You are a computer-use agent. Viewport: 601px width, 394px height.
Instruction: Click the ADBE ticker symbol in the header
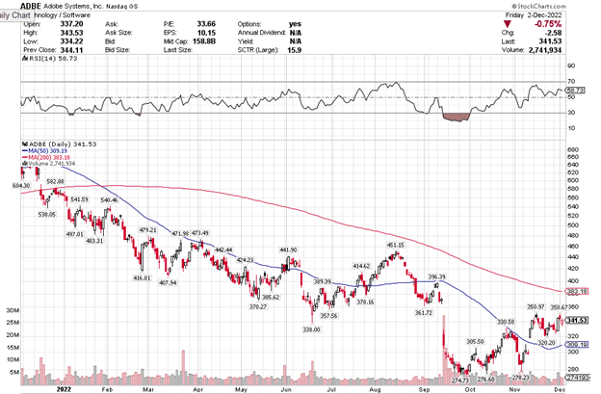coord(15,6)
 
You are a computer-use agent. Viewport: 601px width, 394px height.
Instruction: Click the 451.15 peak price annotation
coord(395,246)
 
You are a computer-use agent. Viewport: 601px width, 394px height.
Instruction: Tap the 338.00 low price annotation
coord(310,329)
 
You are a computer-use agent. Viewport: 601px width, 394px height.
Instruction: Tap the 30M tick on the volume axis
coord(13,310)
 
